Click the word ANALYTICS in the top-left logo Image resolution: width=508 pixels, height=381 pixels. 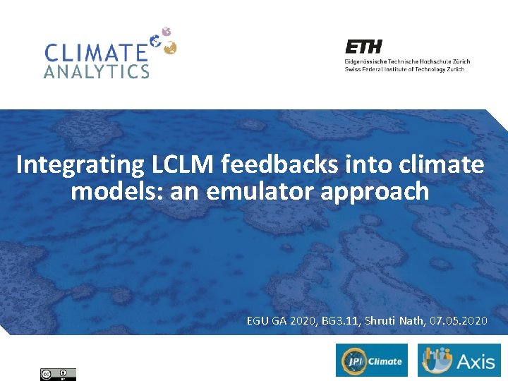pyautogui.click(x=97, y=72)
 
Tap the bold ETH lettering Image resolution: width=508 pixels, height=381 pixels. pyautogui.click(x=363, y=47)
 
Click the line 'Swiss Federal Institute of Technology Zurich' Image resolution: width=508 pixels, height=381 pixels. pyautogui.click(x=404, y=69)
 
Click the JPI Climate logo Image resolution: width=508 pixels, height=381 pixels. pyautogui.click(x=372, y=361)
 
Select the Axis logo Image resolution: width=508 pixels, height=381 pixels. pyautogui.click(x=459, y=361)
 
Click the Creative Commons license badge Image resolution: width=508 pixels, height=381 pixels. pyautogui.click(x=58, y=374)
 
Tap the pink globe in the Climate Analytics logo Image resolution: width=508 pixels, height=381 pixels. pyautogui.click(x=166, y=32)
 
